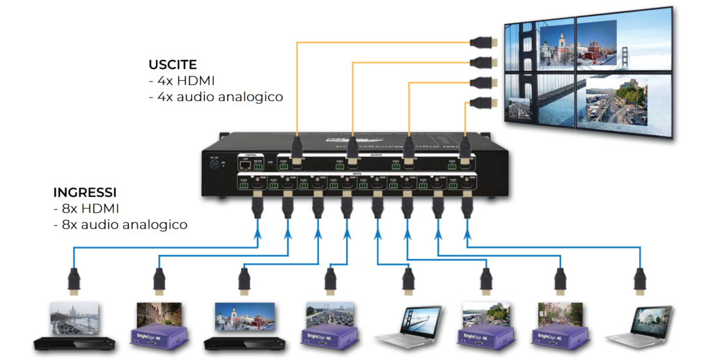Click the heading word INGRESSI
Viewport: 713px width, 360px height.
[x=84, y=192]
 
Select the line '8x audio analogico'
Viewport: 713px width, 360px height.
[x=120, y=225]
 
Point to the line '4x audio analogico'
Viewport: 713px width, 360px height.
[x=216, y=97]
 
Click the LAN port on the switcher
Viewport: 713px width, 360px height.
[x=244, y=165]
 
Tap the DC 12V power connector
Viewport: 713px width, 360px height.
[x=213, y=164]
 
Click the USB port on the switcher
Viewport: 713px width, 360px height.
[x=270, y=165]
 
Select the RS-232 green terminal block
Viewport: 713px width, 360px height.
[x=258, y=166]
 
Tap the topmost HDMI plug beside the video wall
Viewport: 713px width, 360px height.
[x=483, y=42]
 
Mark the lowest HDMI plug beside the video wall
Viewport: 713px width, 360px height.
[x=481, y=104]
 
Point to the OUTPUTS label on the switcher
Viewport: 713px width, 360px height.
[x=375, y=157]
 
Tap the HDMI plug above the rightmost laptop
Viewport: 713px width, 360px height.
[x=640, y=281]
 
